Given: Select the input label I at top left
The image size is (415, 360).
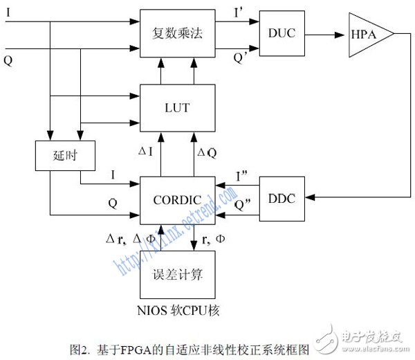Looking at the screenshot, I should [x=8, y=13].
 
